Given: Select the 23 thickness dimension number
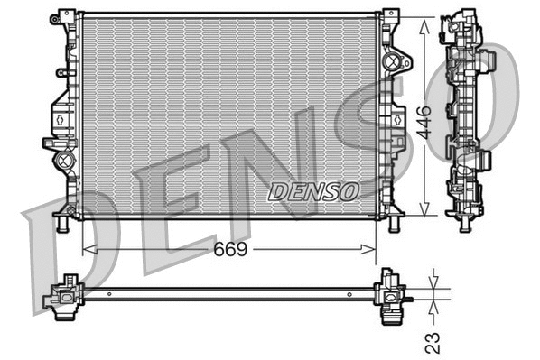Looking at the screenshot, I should (x=433, y=341).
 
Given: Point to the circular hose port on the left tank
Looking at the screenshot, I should (x=64, y=161).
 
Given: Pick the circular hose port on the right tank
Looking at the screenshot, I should (x=391, y=62).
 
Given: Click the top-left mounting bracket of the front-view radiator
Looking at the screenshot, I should (x=65, y=18).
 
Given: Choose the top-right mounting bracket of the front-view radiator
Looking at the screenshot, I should (x=390, y=17).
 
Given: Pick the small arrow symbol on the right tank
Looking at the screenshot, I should (x=396, y=118).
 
